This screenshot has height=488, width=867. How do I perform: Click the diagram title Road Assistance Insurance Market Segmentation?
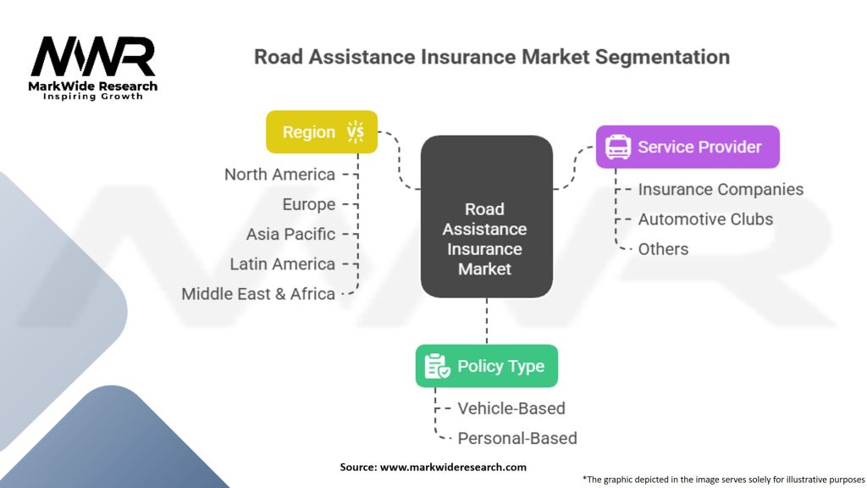pyautogui.click(x=492, y=57)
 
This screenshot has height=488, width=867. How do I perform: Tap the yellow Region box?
pyautogui.click(x=321, y=132)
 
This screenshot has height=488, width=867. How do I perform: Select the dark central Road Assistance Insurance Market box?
pyautogui.click(x=486, y=218)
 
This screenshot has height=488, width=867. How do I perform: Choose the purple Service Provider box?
pyautogui.click(x=687, y=147)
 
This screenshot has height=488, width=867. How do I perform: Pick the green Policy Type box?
pyautogui.click(x=486, y=366)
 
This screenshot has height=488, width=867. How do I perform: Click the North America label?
pyautogui.click(x=279, y=175)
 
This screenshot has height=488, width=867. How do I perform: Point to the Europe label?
pyautogui.click(x=309, y=204)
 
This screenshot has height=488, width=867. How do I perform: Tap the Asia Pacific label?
pyautogui.click(x=290, y=234)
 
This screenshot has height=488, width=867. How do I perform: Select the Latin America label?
pyautogui.click(x=282, y=264)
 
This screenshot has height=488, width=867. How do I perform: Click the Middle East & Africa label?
pyautogui.click(x=258, y=294)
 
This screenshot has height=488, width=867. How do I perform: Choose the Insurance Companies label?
pyautogui.click(x=721, y=190)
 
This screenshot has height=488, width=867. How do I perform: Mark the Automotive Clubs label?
pyautogui.click(x=705, y=219)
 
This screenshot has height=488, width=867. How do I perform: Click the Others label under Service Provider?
pyautogui.click(x=663, y=249)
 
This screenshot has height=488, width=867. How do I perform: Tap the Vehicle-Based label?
pyautogui.click(x=511, y=408)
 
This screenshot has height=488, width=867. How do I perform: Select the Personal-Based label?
pyautogui.click(x=517, y=438)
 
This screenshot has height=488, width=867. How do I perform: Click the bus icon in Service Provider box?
pyautogui.click(x=617, y=147)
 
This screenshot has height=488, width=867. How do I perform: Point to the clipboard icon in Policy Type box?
pyautogui.click(x=437, y=366)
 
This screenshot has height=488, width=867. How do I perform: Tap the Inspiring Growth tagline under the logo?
pyautogui.click(x=93, y=96)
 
